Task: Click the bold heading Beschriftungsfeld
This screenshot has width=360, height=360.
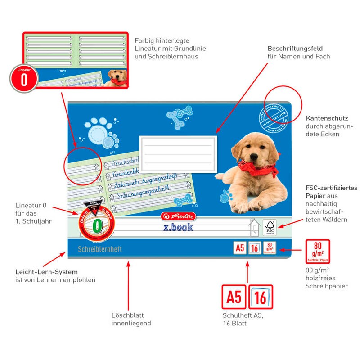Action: (x=295, y=49)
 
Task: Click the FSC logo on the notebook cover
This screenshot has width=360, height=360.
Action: (x=270, y=227)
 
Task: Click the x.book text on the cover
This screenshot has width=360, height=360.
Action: (x=178, y=227)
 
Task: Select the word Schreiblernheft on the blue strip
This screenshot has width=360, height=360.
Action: (x=100, y=249)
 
